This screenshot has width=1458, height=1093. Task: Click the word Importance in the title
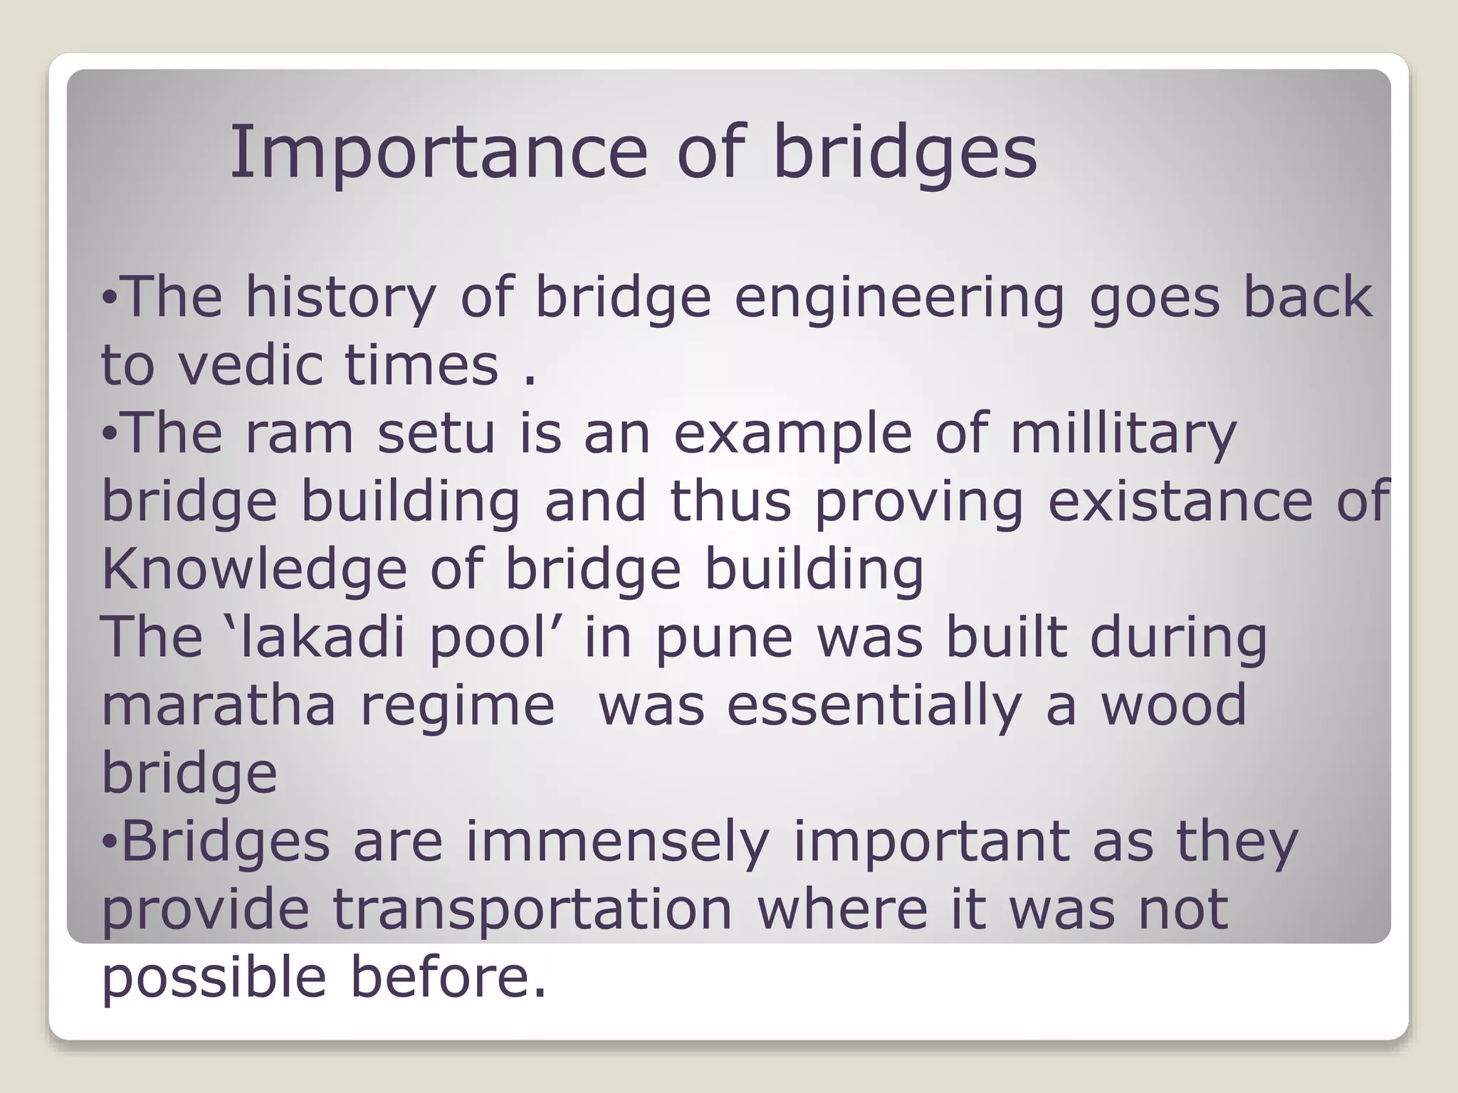coord(438,153)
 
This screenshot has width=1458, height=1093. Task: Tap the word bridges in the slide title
coord(905,153)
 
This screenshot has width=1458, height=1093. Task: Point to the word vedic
coord(253,364)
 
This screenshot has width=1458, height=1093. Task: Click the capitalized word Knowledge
coord(254,569)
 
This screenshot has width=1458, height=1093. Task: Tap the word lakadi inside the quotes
coord(322,637)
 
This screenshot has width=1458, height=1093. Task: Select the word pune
coord(723,637)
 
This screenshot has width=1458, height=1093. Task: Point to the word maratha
coord(219,705)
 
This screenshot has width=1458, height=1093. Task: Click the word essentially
coord(874,705)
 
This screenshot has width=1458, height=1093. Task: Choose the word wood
coord(1174,705)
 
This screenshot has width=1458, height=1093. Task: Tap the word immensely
coord(617,842)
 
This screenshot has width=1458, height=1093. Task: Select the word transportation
coord(532,909)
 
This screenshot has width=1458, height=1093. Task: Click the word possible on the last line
coord(214,978)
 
